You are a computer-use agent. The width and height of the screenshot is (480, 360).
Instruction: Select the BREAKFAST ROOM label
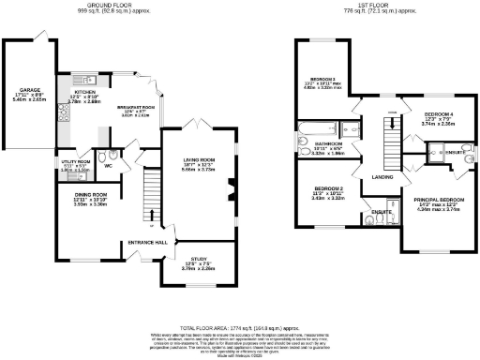click(x=135, y=107)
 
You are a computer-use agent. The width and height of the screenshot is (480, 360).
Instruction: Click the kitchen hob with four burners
click(x=63, y=115)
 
